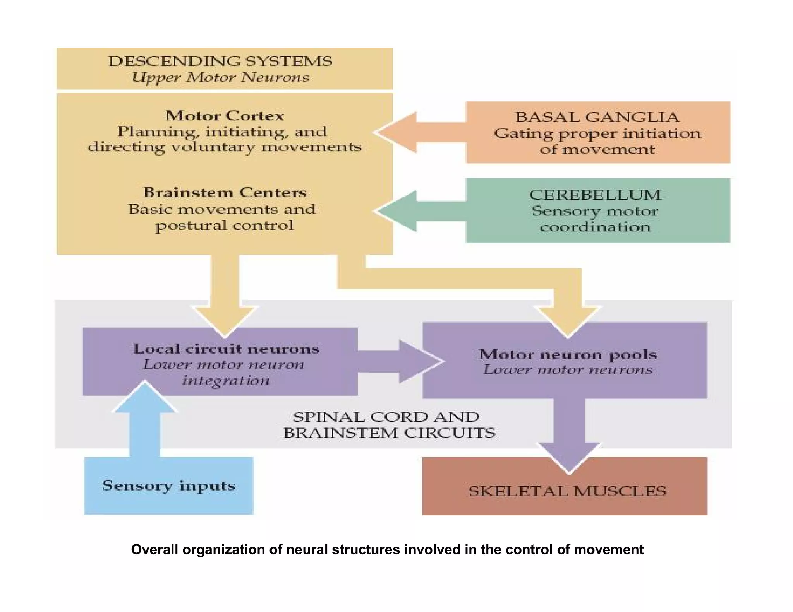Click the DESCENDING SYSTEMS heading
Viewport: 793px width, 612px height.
pyautogui.click(x=220, y=61)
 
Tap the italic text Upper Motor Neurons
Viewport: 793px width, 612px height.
pyautogui.click(x=220, y=77)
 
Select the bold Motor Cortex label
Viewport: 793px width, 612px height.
pyautogui.click(x=225, y=116)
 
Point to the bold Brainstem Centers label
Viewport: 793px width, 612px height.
pyautogui.click(x=225, y=192)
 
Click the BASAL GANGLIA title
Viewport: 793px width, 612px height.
pyautogui.click(x=597, y=117)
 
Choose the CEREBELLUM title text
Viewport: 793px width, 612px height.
pyautogui.click(x=595, y=195)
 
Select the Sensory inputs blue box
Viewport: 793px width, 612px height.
pyautogui.click(x=168, y=485)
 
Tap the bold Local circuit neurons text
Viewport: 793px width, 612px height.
pyautogui.click(x=226, y=349)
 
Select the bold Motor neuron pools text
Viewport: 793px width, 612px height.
pyautogui.click(x=568, y=354)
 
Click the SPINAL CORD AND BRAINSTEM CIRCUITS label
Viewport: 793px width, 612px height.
pyautogui.click(x=389, y=425)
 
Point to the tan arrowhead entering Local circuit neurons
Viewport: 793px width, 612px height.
pyautogui.click(x=225, y=319)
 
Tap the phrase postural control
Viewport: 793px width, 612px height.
pyautogui.click(x=225, y=225)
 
